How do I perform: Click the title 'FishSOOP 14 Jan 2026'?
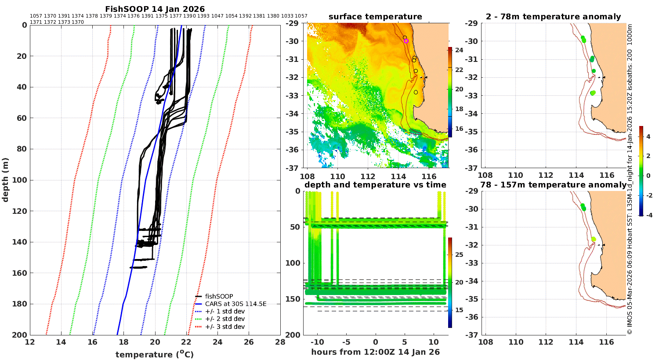155,9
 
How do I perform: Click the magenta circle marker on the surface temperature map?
406,41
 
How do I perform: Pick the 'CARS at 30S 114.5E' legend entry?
231,304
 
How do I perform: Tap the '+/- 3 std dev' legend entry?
220,327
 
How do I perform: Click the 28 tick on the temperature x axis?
280,342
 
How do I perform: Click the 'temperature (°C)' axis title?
155,354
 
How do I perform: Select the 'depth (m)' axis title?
5,180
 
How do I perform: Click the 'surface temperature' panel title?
375,17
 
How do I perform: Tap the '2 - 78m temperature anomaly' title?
554,17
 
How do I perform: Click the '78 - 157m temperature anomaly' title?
554,185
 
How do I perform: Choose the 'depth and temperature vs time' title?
375,185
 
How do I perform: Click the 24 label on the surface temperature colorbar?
459,50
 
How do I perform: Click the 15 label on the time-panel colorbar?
459,310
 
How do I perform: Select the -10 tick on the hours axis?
317,342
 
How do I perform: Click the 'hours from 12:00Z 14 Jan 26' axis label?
375,352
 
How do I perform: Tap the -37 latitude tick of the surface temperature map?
292,168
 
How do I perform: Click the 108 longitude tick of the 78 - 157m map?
486,342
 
